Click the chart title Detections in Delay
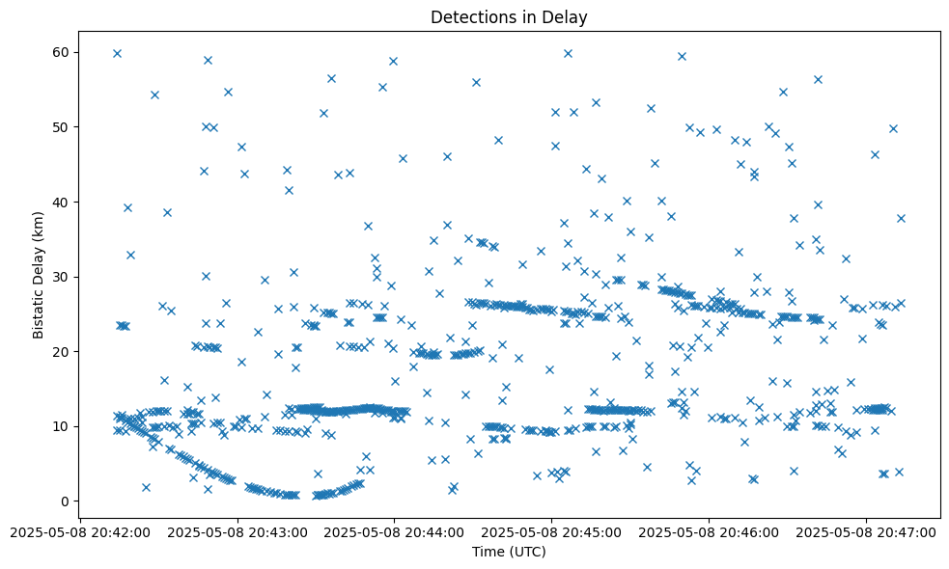pos(509,17)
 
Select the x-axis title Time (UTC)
pos(509,552)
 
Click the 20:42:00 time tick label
pos(79,531)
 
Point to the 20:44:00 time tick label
pos(394,531)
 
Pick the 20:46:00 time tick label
pos(710,531)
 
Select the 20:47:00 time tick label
pos(867,531)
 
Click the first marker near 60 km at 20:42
pos(117,53)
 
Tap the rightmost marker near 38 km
pos(901,218)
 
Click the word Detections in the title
pos(465,17)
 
